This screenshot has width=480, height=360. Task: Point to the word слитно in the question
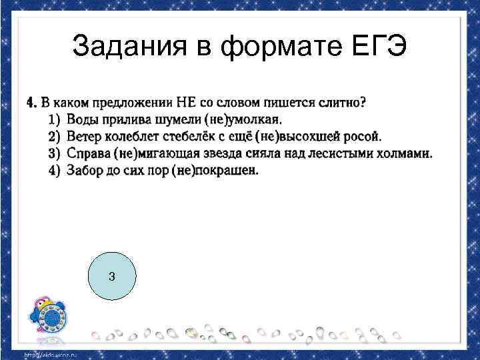335,103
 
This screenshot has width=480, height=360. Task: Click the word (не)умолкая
207,121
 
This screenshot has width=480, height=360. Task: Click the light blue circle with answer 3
111,276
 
